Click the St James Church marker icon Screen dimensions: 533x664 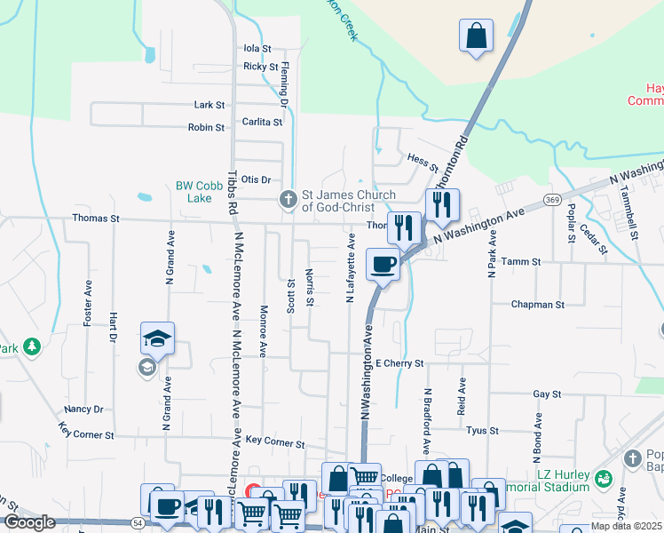click(288, 200)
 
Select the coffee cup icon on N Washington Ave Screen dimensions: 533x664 click(383, 265)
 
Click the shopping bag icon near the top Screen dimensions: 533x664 click(477, 36)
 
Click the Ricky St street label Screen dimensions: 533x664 click(261, 67)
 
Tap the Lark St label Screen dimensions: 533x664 click(209, 105)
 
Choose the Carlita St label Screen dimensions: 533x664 click(262, 122)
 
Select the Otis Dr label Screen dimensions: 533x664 click(256, 179)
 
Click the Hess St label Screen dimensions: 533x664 click(423, 160)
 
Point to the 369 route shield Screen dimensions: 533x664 click(551, 199)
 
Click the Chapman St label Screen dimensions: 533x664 click(537, 305)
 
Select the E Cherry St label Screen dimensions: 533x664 click(399, 363)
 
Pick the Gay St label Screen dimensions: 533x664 click(547, 394)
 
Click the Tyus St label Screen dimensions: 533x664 click(482, 431)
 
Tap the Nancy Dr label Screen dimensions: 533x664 click(83, 410)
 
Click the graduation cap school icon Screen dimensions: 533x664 click(157, 338)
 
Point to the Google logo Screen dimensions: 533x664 click(29, 522)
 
